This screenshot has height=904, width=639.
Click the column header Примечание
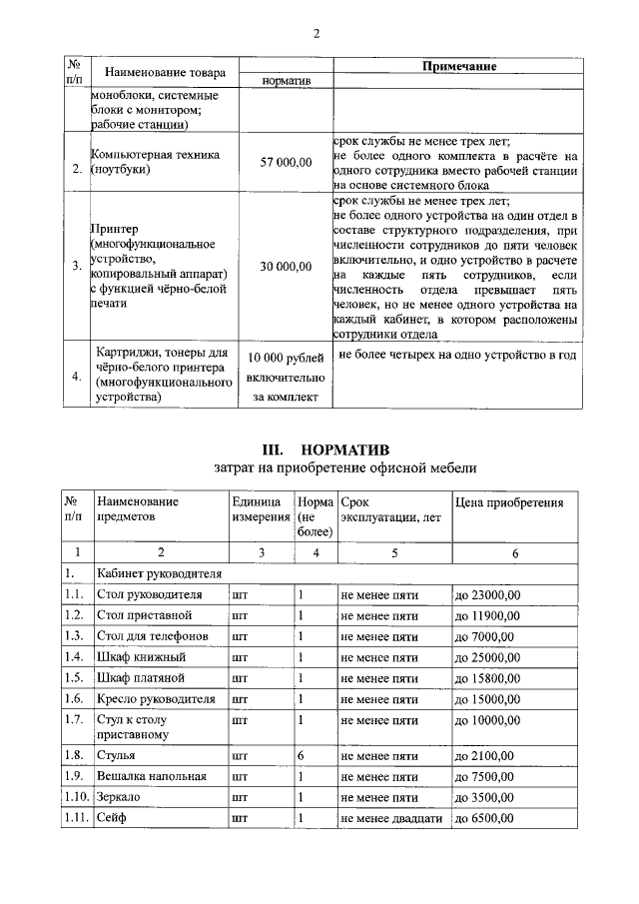point(458,65)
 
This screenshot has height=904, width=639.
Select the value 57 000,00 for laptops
point(287,162)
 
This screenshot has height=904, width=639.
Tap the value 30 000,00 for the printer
point(287,266)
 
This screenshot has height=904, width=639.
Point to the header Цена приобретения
point(509,502)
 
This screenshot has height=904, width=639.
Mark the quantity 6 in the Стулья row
point(301,756)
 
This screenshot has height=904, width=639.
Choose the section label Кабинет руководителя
point(159,574)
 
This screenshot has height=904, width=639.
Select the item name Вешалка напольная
point(152,777)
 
